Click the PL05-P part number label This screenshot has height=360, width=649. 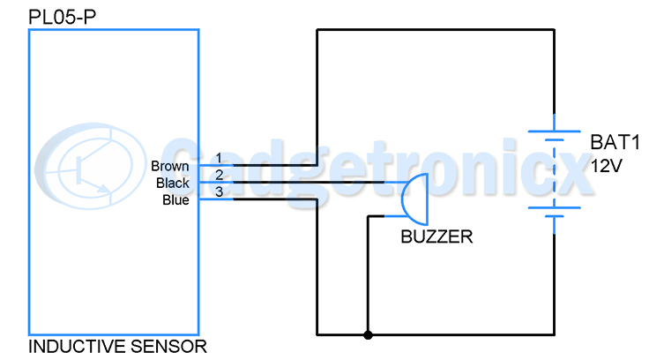point(62,17)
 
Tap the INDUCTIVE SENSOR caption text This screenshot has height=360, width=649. point(117,347)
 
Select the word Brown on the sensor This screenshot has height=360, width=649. point(169,166)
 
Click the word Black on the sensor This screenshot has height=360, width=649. point(172,184)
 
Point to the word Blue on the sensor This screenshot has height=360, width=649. point(175,200)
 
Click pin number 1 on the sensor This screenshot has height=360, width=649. point(219,158)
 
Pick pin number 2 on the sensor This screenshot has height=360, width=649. point(219,175)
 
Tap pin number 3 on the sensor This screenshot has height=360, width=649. point(219,191)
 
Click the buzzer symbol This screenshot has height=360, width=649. point(414,199)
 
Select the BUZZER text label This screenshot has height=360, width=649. point(436,237)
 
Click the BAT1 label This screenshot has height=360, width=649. point(615,143)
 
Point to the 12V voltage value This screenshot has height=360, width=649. point(606,166)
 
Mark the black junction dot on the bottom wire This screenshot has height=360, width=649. point(368,334)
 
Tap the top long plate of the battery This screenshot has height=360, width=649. point(555,131)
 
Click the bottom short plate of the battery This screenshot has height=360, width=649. point(555,216)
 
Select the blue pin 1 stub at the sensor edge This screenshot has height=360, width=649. point(216,165)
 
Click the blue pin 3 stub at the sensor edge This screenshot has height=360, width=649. point(216,199)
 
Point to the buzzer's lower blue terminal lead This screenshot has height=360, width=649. point(393,216)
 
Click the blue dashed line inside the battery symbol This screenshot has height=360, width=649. point(555,174)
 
